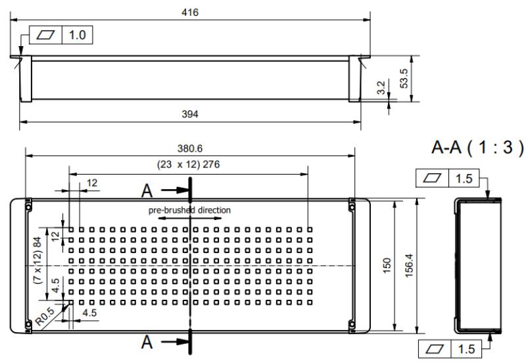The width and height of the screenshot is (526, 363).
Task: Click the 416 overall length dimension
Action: pyautogui.click(x=192, y=13)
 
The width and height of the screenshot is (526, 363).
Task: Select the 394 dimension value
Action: pyautogui.click(x=191, y=114)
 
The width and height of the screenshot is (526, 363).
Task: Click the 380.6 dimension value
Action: pyautogui.click(x=191, y=149)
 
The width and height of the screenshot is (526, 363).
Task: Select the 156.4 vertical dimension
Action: pyautogui.click(x=410, y=265)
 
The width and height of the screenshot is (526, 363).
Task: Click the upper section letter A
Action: pyautogui.click(x=151, y=190)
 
